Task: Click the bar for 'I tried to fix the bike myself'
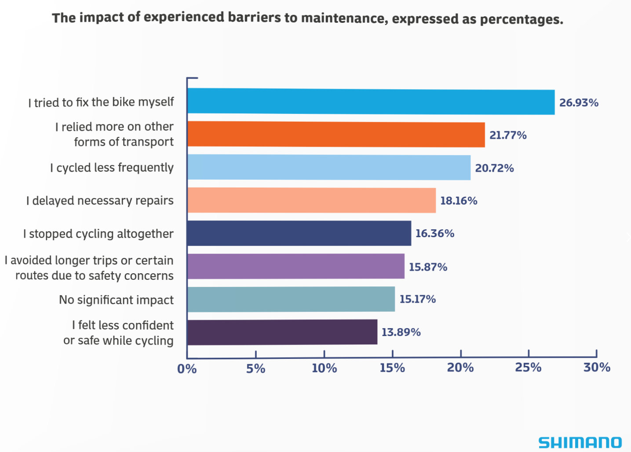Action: [x=371, y=101]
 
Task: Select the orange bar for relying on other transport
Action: [x=336, y=134]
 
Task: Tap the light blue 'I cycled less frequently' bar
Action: [x=329, y=167]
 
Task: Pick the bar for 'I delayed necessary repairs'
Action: [x=311, y=200]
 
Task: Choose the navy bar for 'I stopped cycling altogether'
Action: [x=299, y=233]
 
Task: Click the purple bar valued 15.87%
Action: [x=295, y=266]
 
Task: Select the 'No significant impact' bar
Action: [x=291, y=299]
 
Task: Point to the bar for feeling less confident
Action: [x=282, y=332]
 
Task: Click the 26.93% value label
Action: [x=579, y=103]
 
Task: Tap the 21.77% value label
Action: [x=508, y=135]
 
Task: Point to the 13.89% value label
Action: [x=401, y=333]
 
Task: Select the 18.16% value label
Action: [x=459, y=201]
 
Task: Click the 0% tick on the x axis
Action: [x=187, y=369]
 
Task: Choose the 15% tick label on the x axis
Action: [x=392, y=368]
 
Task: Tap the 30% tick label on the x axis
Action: [x=597, y=367]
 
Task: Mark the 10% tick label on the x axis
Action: [x=324, y=368]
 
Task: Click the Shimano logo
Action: [x=580, y=442]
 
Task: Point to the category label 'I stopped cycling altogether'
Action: [x=98, y=234]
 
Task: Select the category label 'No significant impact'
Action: [x=116, y=300]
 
